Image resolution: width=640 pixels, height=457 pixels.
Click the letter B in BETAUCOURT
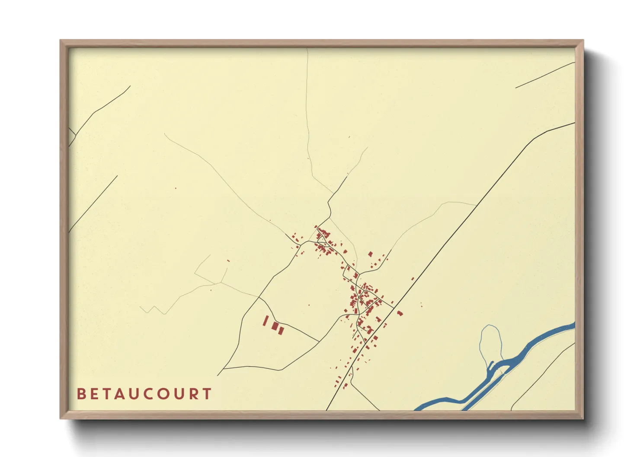(x=81, y=394)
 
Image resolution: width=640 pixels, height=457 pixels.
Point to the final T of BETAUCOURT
(x=207, y=394)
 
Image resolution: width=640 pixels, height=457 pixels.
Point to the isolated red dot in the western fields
(x=176, y=188)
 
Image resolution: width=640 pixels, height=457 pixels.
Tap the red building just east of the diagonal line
(x=400, y=313)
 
